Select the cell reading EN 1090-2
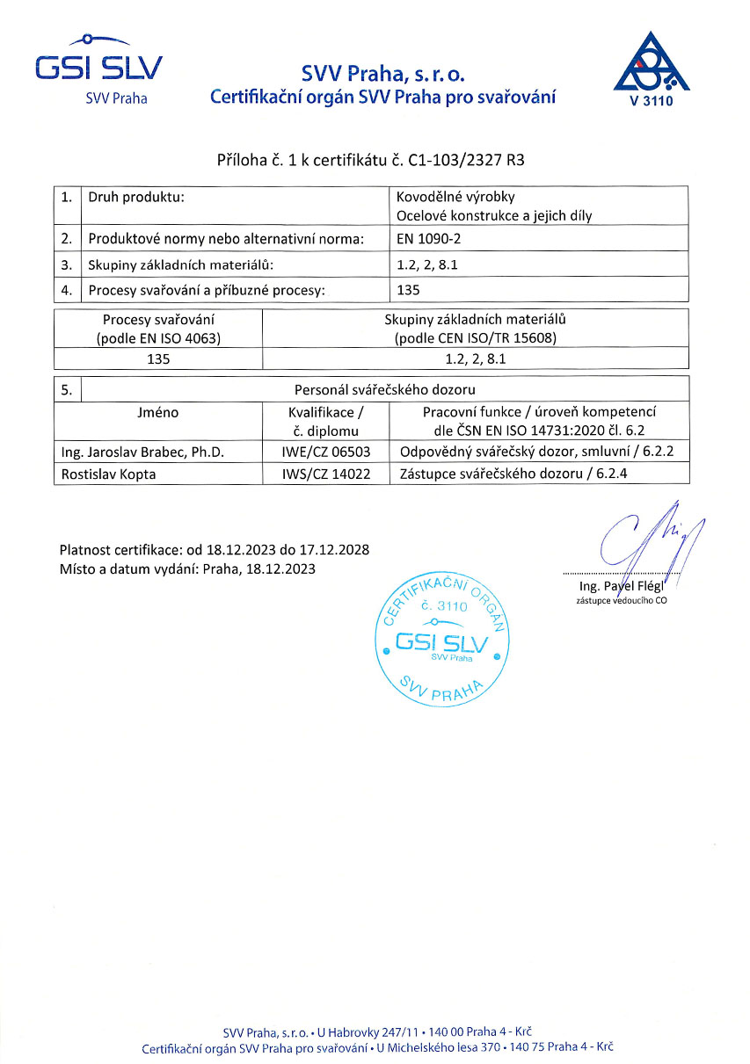pos(431,239)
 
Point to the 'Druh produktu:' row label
pos(136,197)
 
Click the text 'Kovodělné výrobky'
pos(449,197)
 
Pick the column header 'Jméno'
pos(158,411)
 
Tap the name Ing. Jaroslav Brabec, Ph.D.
pos(142,452)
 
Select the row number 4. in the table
pos(66,289)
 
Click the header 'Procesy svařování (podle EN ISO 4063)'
pos(159,329)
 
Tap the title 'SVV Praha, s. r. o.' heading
pos(382,74)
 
